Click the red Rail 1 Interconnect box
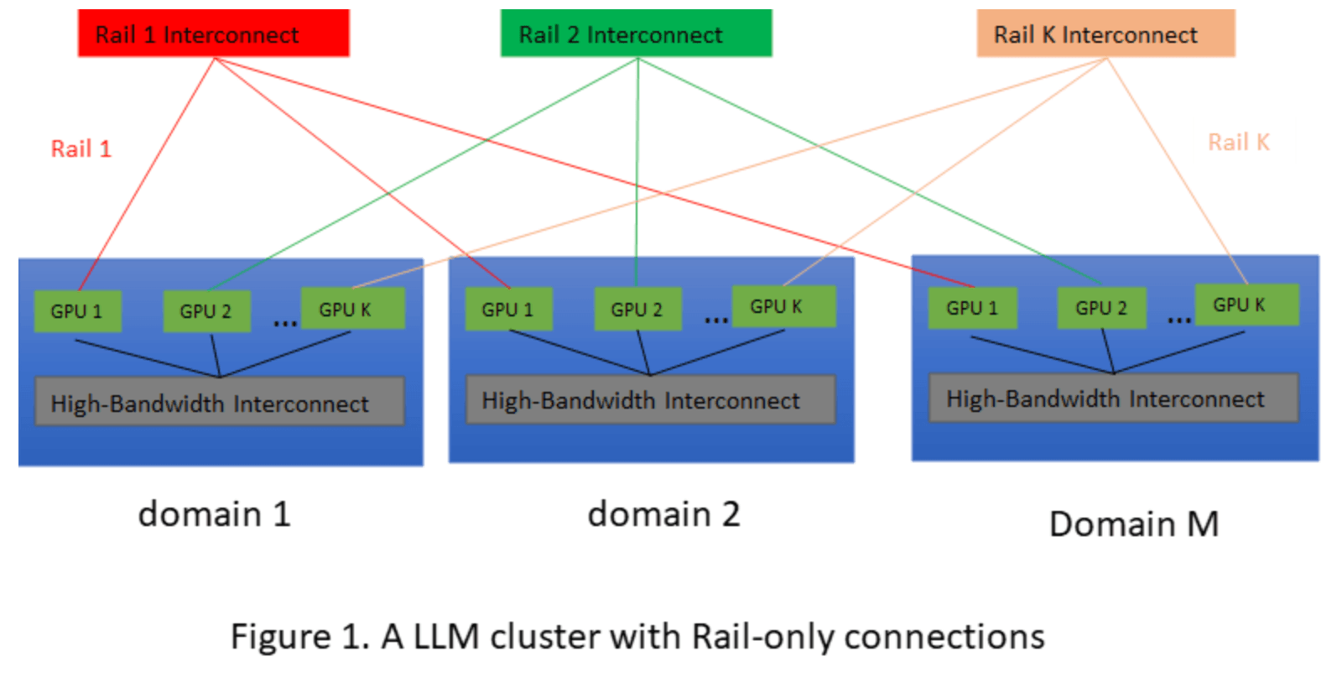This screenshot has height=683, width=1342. pos(213,34)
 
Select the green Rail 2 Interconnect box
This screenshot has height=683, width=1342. pos(636,34)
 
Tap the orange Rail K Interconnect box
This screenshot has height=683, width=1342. pos(1105,34)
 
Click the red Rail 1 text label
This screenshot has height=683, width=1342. pos(81,149)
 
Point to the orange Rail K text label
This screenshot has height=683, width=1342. pos(1238,143)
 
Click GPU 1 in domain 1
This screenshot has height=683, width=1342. pos(77,311)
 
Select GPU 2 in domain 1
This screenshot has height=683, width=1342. pos(206,311)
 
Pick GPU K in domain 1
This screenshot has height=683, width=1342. pos(352,309)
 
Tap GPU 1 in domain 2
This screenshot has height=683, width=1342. pos(508,310)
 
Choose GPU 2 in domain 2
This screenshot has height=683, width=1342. pos(637,310)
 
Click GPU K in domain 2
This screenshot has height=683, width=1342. pos(783,306)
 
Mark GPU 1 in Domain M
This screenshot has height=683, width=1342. pos(972,308)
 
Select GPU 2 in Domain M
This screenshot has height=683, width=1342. pos(1101,308)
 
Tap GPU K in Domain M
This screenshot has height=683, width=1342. pos(1246,305)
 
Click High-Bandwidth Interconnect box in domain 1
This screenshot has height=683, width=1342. pos(219,404)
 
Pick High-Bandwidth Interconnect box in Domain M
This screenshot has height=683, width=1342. pos(1113,399)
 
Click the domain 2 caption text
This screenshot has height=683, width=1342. pos(663,514)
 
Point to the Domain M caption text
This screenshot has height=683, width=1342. pos(1133,524)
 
